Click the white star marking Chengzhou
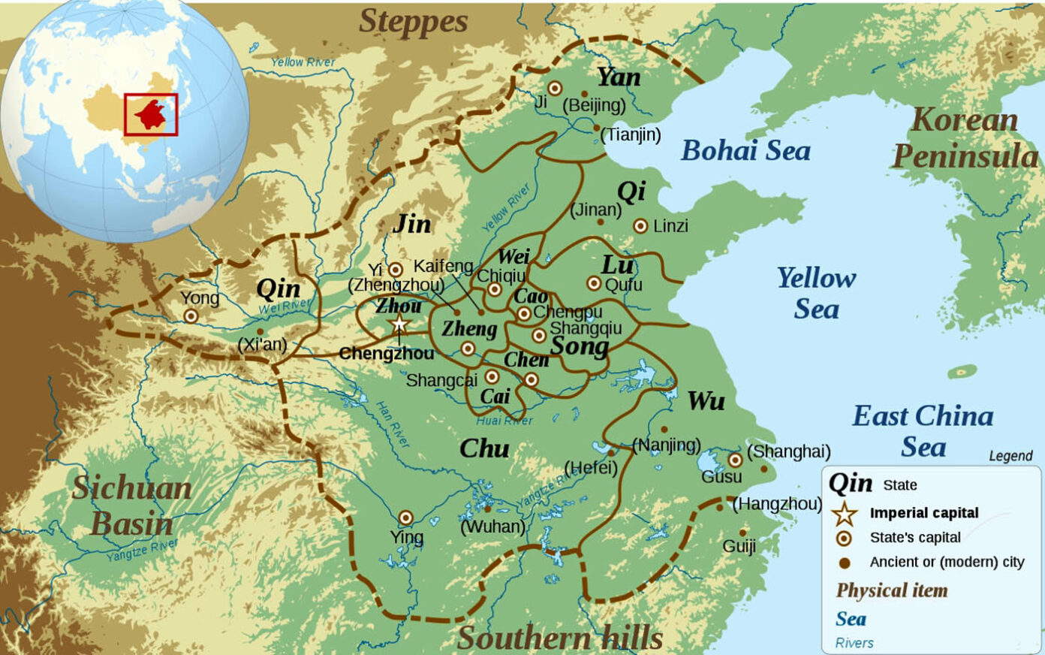tap(399, 324)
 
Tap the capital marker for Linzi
tap(640, 225)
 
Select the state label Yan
tap(619, 77)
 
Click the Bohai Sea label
tap(745, 151)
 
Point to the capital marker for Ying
tap(405, 518)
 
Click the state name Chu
tap(484, 448)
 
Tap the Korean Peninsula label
tap(965, 138)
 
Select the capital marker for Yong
tap(191, 316)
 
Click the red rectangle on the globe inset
tap(151, 115)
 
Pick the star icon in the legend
tap(845, 514)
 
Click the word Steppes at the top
tap(413, 22)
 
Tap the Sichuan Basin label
tap(132, 506)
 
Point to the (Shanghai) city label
tap(789, 451)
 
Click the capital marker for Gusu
tap(735, 460)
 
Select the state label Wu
tap(706, 401)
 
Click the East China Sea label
tap(923, 430)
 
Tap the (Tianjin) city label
tap(631, 135)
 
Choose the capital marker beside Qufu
tap(594, 283)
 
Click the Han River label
tap(393, 424)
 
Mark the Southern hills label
tap(560, 638)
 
